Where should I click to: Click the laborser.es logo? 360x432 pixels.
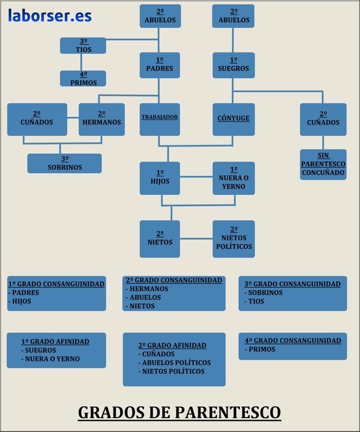click(49, 16)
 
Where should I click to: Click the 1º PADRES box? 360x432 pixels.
click(159, 65)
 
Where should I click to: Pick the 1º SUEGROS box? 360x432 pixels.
click(233, 65)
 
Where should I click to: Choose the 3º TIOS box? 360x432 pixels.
click(83, 46)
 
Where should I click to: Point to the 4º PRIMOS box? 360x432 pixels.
click(83, 79)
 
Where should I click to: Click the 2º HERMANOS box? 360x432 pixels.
click(101, 119)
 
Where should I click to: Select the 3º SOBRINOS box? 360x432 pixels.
click(64, 164)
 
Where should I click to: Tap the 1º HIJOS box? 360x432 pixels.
click(159, 178)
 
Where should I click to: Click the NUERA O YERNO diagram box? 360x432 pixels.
click(233, 178)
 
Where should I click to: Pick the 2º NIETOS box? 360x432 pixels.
click(159, 239)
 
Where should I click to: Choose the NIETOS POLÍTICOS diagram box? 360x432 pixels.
click(233, 239)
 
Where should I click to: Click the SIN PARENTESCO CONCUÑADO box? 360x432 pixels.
click(323, 165)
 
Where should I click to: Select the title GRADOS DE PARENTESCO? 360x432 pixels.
click(179, 412)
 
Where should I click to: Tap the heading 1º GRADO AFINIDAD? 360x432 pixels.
click(55, 341)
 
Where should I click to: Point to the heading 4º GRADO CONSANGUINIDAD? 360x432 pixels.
click(293, 340)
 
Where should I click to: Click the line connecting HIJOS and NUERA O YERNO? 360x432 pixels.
click(196, 177)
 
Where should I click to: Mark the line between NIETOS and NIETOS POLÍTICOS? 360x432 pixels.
click(196, 239)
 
